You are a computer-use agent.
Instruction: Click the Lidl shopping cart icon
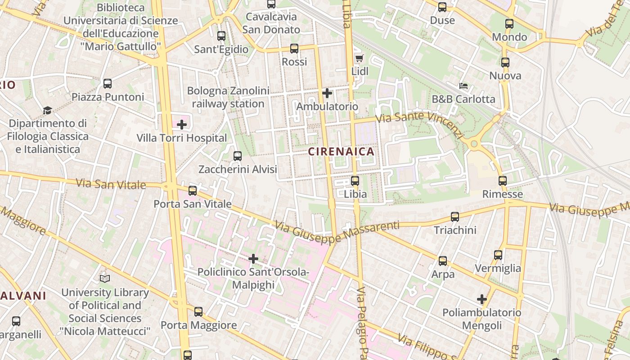[x=359, y=58]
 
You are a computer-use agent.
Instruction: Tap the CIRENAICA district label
[x=341, y=152]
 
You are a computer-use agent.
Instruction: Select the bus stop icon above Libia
[x=355, y=181]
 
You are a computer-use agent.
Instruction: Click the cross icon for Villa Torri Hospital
[x=182, y=125]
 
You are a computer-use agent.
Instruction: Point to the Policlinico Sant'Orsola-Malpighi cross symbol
[x=253, y=259]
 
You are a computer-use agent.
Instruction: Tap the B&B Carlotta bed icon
[x=463, y=85]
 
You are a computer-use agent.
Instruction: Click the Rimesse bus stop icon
[x=502, y=181]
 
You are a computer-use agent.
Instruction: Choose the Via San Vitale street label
[x=111, y=184]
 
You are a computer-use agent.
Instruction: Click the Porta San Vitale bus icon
[x=193, y=191]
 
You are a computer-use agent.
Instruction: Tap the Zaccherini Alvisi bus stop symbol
[x=238, y=156]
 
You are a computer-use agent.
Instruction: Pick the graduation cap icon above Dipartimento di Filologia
[x=47, y=110]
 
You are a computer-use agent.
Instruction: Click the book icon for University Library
[x=105, y=279]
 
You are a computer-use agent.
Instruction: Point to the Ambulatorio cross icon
[x=327, y=94]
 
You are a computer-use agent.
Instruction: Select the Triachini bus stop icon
[x=455, y=217]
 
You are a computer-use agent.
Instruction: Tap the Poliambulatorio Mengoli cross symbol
[x=482, y=299]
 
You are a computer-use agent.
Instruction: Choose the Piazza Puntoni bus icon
[x=107, y=83]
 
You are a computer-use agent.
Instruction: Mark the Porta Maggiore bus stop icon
[x=198, y=311]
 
